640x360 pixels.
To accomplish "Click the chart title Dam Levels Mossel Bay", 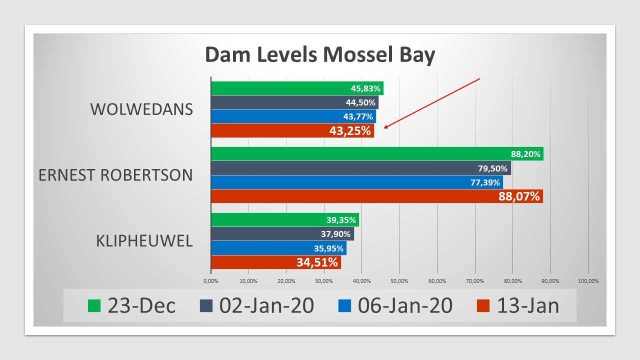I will click(x=320, y=55).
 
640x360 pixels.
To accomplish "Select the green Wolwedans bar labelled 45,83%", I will click(x=297, y=88).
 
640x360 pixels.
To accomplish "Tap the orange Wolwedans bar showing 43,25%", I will click(x=292, y=131).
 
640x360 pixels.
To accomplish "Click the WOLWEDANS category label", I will click(x=141, y=109).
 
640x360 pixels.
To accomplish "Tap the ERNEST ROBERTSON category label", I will click(x=115, y=175).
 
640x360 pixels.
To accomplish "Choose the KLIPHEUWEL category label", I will click(x=144, y=241).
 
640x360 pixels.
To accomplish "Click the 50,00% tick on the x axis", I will click(x=399, y=281).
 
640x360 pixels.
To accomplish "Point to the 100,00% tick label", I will click(x=588, y=281).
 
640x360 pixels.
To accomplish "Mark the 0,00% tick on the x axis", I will click(x=211, y=281).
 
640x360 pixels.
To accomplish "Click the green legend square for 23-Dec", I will click(x=94, y=305).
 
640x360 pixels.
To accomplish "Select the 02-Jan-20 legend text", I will click(x=266, y=305).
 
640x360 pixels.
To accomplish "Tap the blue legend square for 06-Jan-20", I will click(x=344, y=305).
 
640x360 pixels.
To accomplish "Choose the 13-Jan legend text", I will click(x=528, y=305).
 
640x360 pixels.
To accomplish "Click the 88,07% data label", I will click(x=519, y=196).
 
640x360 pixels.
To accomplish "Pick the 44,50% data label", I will click(x=360, y=102).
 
